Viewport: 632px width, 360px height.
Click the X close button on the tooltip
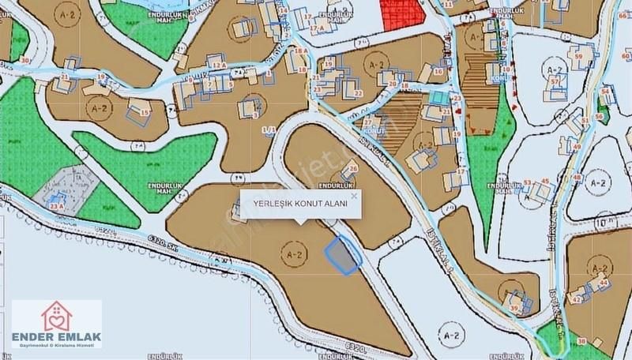point(354,195)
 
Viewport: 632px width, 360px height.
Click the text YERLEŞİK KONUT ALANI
point(300,204)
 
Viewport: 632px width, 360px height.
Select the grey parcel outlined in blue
point(340,257)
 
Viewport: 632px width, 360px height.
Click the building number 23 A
point(56,205)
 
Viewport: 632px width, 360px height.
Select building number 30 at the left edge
point(26,60)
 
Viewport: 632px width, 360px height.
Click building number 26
point(353,169)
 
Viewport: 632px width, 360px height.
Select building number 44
point(604,282)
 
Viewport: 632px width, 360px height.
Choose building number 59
point(578,57)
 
